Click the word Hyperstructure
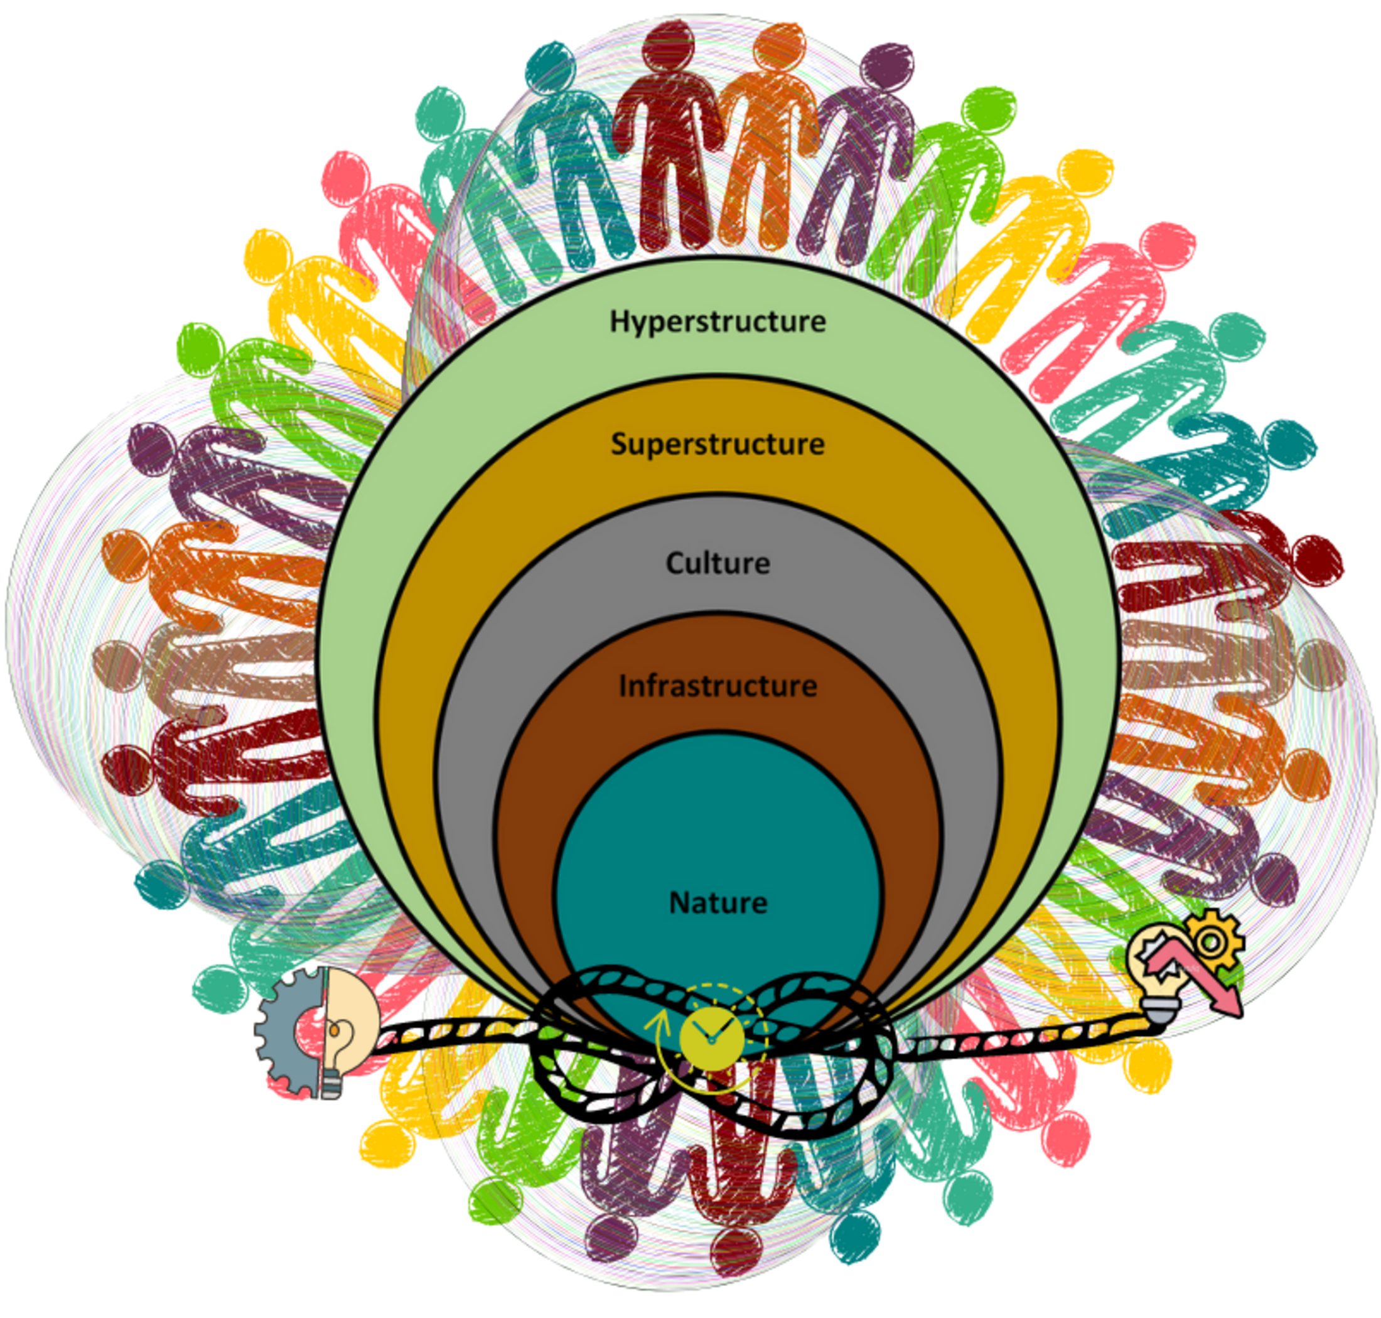pos(717,321)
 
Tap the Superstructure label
pos(717,443)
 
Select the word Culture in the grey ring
pos(717,563)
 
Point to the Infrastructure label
pos(717,686)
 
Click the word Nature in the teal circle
pos(717,903)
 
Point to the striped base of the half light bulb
pos(331,1086)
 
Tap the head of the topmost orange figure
pos(778,45)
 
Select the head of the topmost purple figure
pos(888,67)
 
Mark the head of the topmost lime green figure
pos(987,111)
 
